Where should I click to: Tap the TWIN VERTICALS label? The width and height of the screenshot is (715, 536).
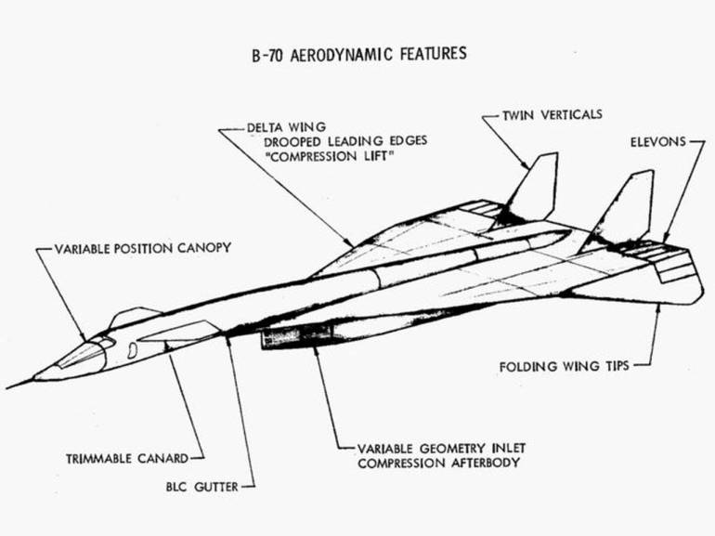pos(553,114)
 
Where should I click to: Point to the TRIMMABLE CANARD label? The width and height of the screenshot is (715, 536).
pos(127,458)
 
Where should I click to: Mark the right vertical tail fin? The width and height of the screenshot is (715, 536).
pos(629,204)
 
